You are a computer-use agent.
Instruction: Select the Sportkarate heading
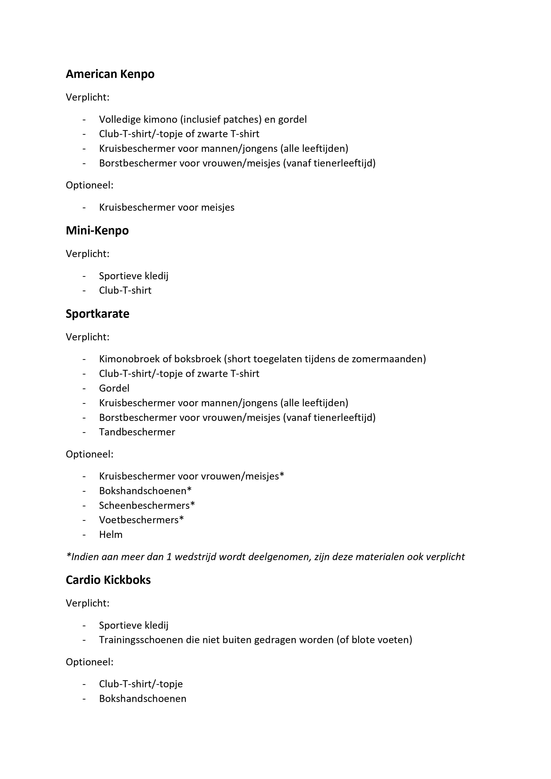[x=97, y=314]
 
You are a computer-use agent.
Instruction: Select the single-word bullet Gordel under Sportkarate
[x=114, y=388]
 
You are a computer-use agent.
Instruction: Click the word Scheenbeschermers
[x=144, y=505]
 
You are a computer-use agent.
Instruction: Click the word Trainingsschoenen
[x=141, y=640]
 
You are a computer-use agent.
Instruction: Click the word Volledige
[x=119, y=119]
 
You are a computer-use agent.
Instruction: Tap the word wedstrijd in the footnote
[x=198, y=557]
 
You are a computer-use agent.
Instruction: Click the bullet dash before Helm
[x=84, y=535]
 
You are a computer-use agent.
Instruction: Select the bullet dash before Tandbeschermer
[x=84, y=432]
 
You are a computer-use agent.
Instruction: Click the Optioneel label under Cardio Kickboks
[x=89, y=662]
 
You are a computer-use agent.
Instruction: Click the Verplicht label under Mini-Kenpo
[x=88, y=254]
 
